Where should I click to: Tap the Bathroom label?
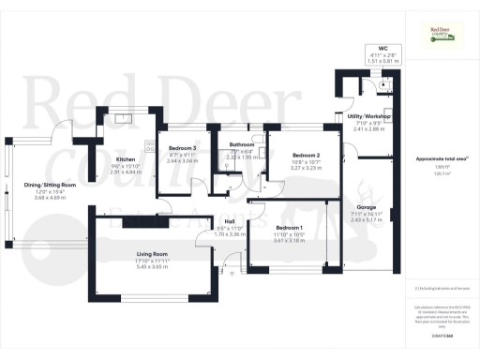pos(241,145)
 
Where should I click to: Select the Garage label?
pos(367,206)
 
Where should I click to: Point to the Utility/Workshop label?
pos(368,116)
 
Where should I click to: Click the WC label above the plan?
pos(382,47)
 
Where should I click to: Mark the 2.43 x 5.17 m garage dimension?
pos(367,219)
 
